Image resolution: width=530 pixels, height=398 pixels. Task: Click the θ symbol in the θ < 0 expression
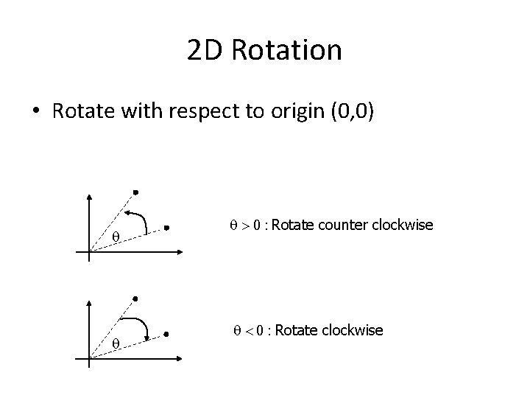227,331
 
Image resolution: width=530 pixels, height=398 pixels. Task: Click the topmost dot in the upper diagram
135,193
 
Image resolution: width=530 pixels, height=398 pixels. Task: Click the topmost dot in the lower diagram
135,298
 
